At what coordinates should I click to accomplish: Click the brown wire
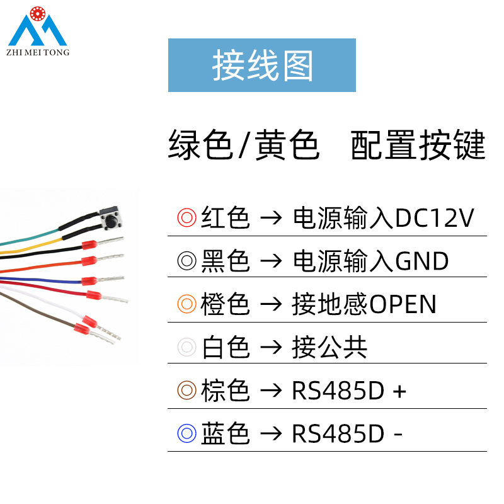(x=44, y=309)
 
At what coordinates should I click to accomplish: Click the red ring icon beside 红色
(x=187, y=218)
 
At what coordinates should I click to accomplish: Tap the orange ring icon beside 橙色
(x=187, y=304)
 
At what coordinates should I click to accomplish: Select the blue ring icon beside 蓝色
(x=187, y=433)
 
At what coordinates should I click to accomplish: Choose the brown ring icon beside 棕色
(x=187, y=391)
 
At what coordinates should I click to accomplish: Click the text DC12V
(x=434, y=218)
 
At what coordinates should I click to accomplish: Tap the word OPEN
(x=403, y=304)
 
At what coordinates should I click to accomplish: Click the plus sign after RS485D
(x=399, y=391)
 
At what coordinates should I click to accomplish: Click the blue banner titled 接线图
(x=261, y=65)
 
